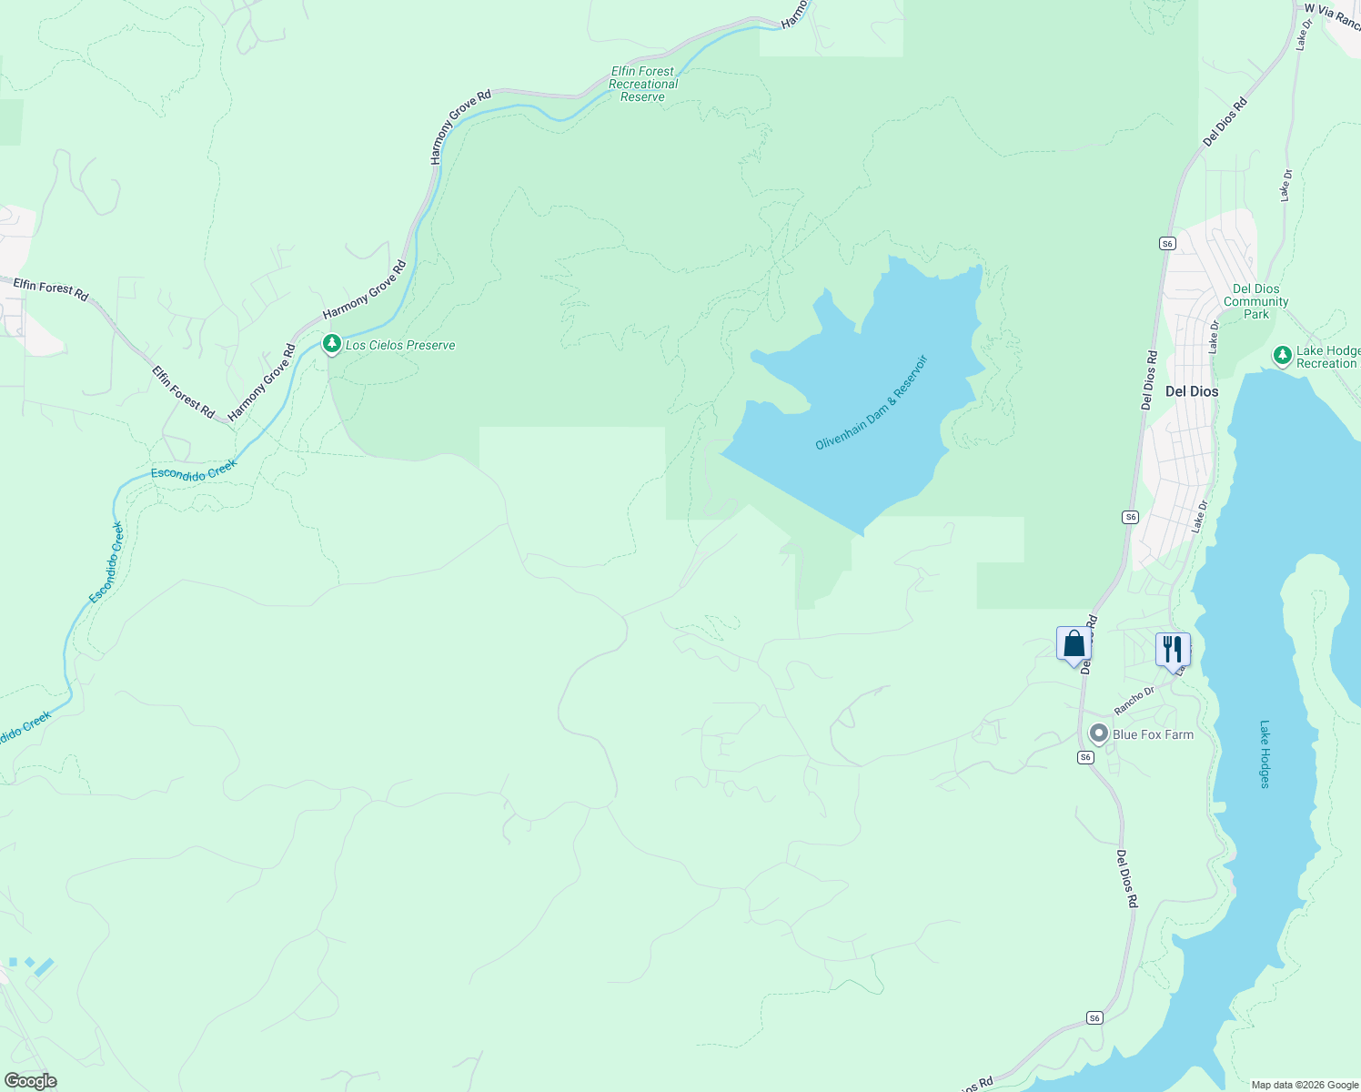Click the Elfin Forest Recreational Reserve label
[x=643, y=84]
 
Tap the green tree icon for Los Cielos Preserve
[x=332, y=344]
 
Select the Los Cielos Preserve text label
[x=400, y=346]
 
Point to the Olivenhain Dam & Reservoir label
[x=872, y=402]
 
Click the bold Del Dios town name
[x=1191, y=391]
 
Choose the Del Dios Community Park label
[x=1255, y=301]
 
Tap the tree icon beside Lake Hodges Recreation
[x=1282, y=355]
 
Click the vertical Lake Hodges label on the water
[x=1265, y=754]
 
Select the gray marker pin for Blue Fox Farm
[x=1099, y=733]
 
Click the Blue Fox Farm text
[x=1153, y=734]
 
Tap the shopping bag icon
[x=1074, y=644]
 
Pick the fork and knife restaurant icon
[x=1172, y=649]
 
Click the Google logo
[x=30, y=1081]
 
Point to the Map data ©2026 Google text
[x=1305, y=1085]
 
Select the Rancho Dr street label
[x=1134, y=699]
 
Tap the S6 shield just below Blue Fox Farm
[x=1085, y=757]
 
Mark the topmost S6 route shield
[x=1168, y=243]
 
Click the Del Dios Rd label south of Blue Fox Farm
[x=1127, y=879]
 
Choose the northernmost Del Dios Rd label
[x=1225, y=122]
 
